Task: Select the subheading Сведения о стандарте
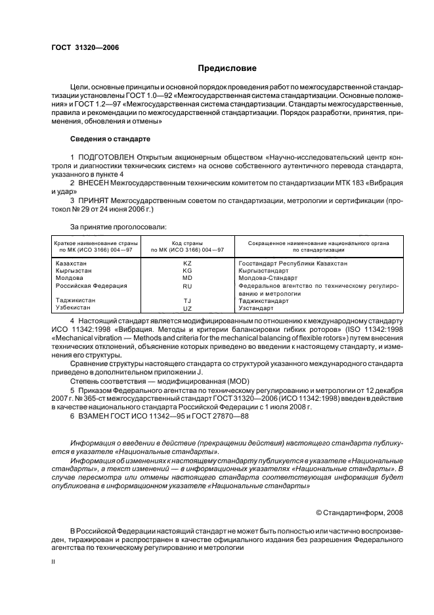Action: pos(110,139)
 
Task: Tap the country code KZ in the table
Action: pos(187,263)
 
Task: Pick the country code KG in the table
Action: pos(187,271)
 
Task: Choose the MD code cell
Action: pos(187,279)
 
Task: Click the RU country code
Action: pos(187,287)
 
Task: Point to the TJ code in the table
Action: pos(187,300)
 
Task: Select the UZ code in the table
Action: pos(187,308)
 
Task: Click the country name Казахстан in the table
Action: pos(70,263)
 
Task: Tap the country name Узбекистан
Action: pos(72,307)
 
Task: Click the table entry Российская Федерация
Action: pos(91,286)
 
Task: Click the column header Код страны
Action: pos(187,243)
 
